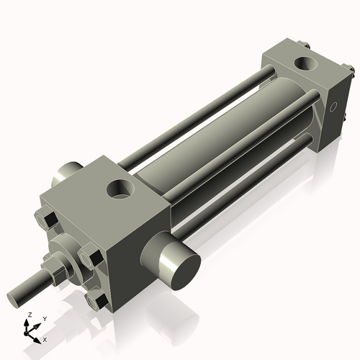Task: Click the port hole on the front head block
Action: [119, 190]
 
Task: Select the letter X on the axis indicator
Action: [45, 338]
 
